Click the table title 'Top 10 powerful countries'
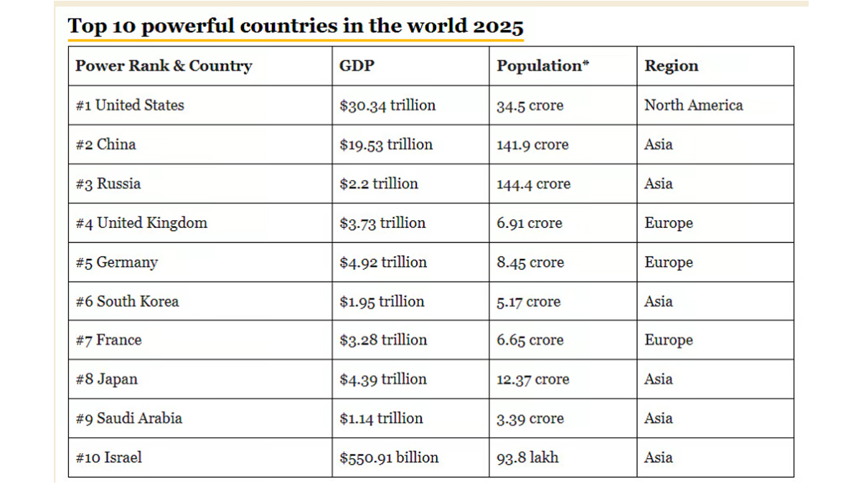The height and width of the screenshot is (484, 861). (x=296, y=27)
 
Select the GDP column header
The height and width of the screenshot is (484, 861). (x=357, y=66)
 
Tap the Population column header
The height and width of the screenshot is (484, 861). (x=543, y=66)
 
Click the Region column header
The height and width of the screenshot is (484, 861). (x=671, y=66)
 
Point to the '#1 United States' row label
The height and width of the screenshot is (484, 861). (x=130, y=105)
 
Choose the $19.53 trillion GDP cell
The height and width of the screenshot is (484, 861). (x=386, y=145)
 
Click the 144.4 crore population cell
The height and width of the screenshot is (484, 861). (x=532, y=184)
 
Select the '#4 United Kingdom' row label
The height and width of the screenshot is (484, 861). (x=141, y=223)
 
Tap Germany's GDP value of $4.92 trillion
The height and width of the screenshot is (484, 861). (x=383, y=262)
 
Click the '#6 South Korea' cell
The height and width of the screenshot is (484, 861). (x=127, y=301)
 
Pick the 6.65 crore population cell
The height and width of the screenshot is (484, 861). (x=530, y=341)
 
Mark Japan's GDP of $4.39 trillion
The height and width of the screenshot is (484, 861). (x=383, y=379)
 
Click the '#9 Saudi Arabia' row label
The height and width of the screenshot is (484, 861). (x=128, y=419)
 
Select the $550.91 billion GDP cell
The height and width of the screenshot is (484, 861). (x=389, y=457)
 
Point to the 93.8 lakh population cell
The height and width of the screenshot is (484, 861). (x=527, y=457)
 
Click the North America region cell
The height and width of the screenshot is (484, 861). (x=693, y=105)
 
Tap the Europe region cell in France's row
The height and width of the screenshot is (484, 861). (x=668, y=341)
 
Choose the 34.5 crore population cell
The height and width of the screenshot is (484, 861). (x=530, y=106)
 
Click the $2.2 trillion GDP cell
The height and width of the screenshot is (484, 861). (x=379, y=184)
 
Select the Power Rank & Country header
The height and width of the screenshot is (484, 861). (x=164, y=66)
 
